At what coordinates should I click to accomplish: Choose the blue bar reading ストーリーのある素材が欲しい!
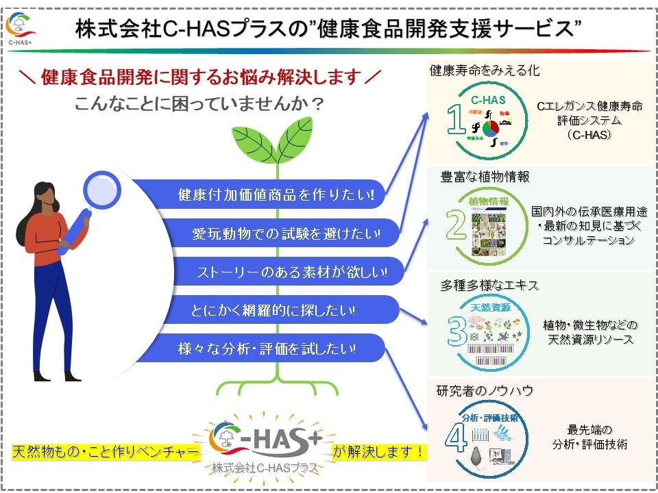click(x=288, y=273)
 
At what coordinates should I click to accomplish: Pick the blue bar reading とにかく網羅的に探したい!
click(x=274, y=310)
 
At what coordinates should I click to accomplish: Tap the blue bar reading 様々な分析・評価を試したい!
click(x=267, y=349)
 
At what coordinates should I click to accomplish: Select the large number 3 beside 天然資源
click(x=457, y=329)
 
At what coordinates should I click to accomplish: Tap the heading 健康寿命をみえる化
click(x=475, y=71)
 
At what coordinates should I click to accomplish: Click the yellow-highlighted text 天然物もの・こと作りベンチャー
click(x=106, y=452)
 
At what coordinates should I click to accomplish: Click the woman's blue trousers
click(x=51, y=308)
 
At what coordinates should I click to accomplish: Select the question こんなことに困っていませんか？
click(x=199, y=105)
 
